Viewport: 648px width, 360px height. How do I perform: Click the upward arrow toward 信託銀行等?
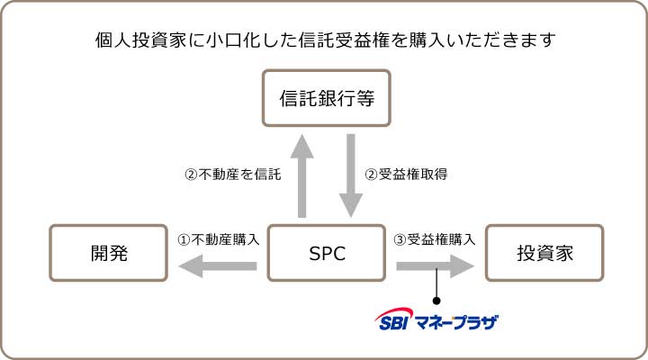(x=302, y=176)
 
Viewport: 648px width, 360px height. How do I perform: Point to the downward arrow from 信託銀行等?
(x=351, y=176)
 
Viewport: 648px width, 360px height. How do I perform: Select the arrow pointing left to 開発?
(x=218, y=266)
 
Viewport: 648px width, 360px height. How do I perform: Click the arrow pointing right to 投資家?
(x=436, y=266)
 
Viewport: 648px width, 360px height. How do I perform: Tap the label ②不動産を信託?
(x=233, y=175)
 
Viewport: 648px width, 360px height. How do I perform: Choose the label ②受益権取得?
(x=406, y=175)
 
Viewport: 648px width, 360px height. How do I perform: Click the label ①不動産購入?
(x=218, y=239)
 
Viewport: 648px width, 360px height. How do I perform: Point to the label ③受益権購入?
(x=435, y=239)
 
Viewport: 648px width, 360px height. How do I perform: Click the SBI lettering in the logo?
(x=393, y=323)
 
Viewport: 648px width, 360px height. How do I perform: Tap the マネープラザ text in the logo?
(x=456, y=322)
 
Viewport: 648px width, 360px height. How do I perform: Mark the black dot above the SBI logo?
(x=436, y=301)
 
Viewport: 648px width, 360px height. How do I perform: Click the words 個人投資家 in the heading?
(x=140, y=40)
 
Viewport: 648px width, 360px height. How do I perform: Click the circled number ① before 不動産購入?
(x=184, y=239)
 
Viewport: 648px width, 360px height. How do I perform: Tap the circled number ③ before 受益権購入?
(x=400, y=239)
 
